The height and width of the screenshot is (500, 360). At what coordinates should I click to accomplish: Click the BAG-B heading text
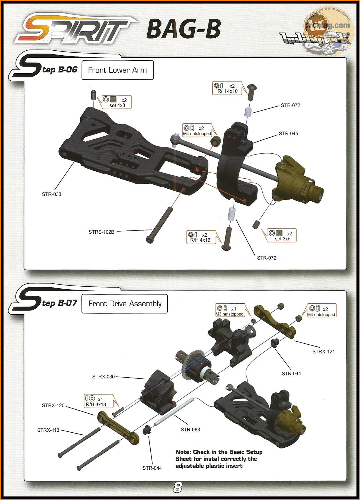click(x=184, y=29)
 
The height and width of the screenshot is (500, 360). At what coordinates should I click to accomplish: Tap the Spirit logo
click(x=76, y=29)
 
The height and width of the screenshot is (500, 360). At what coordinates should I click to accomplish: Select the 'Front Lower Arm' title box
click(x=118, y=70)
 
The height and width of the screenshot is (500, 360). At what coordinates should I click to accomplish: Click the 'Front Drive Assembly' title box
click(x=124, y=304)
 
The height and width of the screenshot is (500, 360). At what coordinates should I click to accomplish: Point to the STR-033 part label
click(x=51, y=194)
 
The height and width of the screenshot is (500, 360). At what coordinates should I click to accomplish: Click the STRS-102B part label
click(x=101, y=232)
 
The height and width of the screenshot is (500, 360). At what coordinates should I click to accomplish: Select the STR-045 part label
click(x=289, y=134)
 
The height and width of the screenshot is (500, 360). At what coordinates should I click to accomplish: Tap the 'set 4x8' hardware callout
click(x=117, y=102)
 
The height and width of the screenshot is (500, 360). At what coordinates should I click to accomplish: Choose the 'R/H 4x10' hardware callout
click(x=227, y=88)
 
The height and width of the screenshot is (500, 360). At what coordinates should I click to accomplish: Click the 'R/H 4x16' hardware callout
click(x=201, y=237)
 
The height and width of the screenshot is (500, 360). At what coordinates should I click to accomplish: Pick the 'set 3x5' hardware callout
click(x=282, y=235)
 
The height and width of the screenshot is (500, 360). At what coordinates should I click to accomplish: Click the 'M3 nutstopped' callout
click(x=230, y=310)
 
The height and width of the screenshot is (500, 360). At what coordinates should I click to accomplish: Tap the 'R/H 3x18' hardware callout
click(x=99, y=401)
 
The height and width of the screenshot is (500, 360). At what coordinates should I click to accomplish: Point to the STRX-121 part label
click(x=324, y=352)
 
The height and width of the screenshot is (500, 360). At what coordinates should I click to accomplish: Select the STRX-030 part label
click(x=103, y=377)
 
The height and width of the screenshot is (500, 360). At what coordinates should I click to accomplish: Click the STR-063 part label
click(x=190, y=429)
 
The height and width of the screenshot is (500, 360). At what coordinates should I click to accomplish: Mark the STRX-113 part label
click(x=48, y=430)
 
